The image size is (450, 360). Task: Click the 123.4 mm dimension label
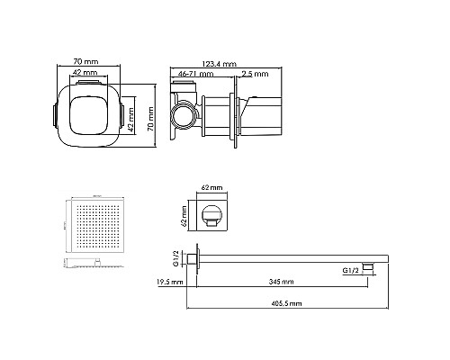pos(219,64)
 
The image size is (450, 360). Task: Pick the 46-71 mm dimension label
pos(193,73)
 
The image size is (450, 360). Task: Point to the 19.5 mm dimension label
pos(169,282)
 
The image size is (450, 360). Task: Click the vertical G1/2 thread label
pos(175,257)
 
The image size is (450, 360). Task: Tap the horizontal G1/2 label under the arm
pos(353,268)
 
